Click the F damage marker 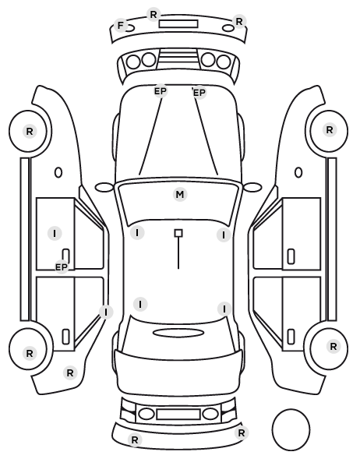click(x=121, y=26)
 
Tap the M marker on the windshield click(x=180, y=195)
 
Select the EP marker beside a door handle click(x=62, y=267)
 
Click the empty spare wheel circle click(x=291, y=429)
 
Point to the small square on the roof click(x=178, y=233)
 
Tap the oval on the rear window click(x=178, y=333)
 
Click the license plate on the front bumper click(x=178, y=24)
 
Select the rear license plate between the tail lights click(x=178, y=415)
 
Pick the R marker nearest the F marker click(x=154, y=15)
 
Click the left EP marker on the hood click(x=161, y=91)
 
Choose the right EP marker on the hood click(x=199, y=93)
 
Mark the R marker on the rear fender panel click(x=70, y=373)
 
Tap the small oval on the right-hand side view click(x=298, y=173)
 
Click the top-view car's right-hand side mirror click(x=252, y=188)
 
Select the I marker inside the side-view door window click(x=55, y=234)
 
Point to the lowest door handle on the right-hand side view click(x=291, y=337)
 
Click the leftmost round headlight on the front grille click(x=133, y=62)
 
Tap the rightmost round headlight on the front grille click(x=224, y=62)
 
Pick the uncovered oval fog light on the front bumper click(x=228, y=29)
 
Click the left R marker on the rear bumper click(x=135, y=440)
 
